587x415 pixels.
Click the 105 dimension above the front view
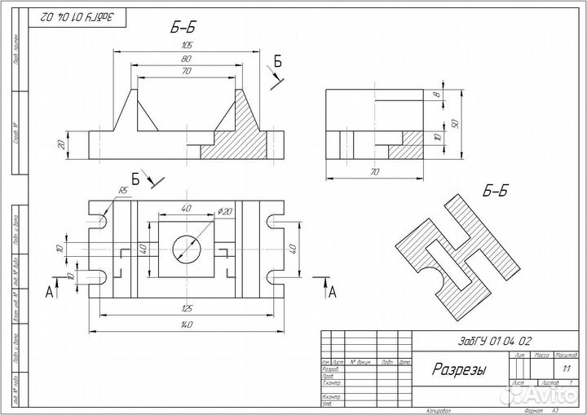click(187, 46)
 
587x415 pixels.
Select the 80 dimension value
click(187, 59)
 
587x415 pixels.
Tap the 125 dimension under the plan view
click(187, 308)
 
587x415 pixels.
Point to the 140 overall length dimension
click(187, 324)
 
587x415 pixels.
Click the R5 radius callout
click(123, 190)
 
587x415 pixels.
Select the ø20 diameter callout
click(226, 211)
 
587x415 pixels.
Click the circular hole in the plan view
click(187, 246)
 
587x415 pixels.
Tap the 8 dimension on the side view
click(437, 96)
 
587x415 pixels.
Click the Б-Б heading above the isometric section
click(495, 192)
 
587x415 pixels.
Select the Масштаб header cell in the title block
click(566, 356)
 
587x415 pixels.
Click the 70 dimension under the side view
click(374, 172)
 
